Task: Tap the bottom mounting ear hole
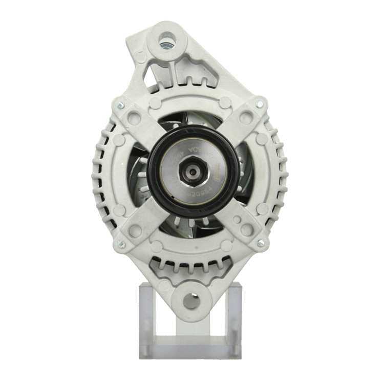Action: tap(191, 301)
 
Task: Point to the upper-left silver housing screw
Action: tap(120, 106)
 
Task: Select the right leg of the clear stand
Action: tap(235, 317)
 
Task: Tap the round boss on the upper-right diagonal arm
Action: tap(246, 117)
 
